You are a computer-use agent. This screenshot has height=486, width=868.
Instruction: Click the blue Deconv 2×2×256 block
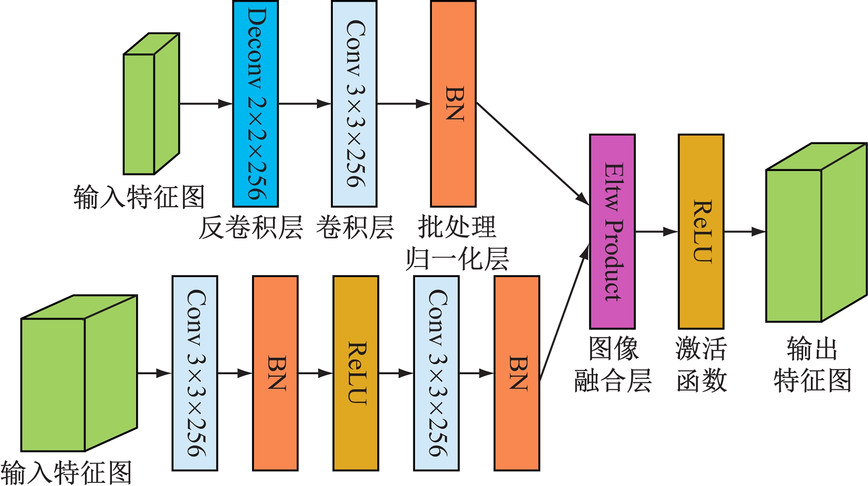(255, 104)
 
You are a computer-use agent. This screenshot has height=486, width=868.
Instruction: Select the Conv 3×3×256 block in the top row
(354, 104)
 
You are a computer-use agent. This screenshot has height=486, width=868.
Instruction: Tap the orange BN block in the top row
(453, 104)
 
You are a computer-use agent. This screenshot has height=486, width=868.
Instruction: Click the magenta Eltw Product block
(612, 232)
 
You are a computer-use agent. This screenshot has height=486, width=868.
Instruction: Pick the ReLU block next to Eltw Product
(701, 232)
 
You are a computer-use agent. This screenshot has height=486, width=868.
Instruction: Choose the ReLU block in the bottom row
(356, 373)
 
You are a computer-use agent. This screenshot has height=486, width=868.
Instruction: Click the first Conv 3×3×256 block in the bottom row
(195, 373)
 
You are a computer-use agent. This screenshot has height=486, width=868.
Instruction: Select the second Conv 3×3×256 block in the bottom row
(436, 373)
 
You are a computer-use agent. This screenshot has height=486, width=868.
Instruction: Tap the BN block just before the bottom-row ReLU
(275, 373)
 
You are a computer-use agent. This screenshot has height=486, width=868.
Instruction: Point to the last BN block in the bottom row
(517, 373)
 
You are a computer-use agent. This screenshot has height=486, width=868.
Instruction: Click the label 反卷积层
(251, 227)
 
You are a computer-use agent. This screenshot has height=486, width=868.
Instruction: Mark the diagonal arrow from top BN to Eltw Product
(533, 154)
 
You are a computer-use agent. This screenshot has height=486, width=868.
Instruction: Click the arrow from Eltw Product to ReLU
(656, 232)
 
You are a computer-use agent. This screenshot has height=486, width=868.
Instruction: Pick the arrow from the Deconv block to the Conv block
(304, 104)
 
